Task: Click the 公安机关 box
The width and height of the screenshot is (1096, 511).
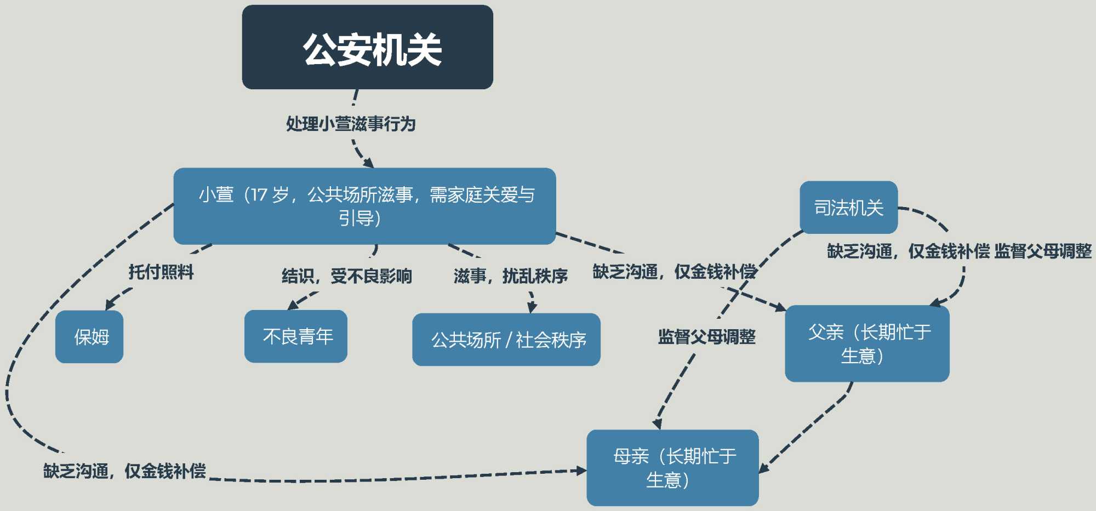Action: click(367, 47)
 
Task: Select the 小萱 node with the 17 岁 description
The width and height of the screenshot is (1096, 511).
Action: click(364, 206)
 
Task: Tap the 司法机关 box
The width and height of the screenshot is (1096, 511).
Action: click(848, 208)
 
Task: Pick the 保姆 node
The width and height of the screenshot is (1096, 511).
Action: click(89, 336)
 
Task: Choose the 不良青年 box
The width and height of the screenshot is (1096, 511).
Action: click(296, 336)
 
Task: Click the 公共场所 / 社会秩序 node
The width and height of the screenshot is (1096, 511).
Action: click(506, 340)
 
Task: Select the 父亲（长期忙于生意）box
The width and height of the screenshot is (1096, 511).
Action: click(867, 343)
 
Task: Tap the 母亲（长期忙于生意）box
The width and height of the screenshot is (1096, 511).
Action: click(672, 467)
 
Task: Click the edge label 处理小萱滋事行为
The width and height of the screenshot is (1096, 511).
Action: click(351, 124)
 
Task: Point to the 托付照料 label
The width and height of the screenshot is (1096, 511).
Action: click(161, 272)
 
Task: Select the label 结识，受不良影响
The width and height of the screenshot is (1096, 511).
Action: click(346, 275)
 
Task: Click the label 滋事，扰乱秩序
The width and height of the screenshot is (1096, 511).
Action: click(510, 275)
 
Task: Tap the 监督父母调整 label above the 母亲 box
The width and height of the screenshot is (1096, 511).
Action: click(706, 336)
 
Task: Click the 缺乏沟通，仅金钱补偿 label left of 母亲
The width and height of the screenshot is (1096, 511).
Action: click(124, 470)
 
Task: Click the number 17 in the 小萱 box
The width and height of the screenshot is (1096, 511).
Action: click(259, 194)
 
